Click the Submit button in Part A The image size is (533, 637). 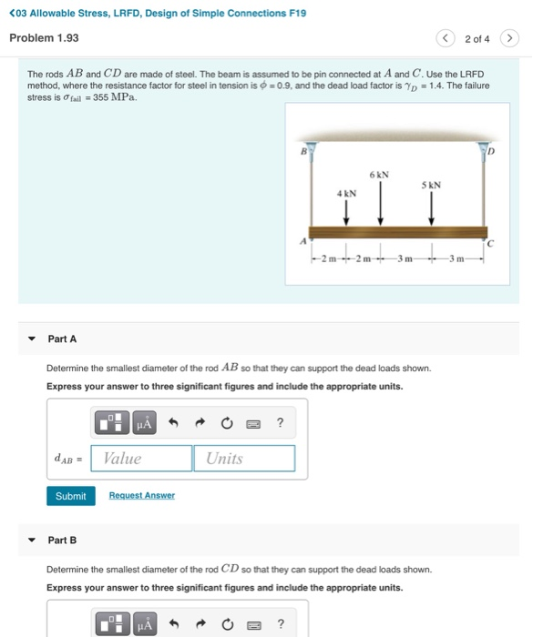[71, 496]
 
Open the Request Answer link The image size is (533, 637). [142, 495]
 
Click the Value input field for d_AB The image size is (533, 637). [141, 459]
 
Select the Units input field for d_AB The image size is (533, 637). [244, 459]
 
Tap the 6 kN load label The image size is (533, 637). [379, 175]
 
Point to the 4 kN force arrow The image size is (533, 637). [346, 213]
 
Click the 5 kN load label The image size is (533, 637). [431, 185]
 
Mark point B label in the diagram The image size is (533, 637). [303, 152]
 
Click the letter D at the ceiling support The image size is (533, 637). [491, 152]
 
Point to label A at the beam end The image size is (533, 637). [303, 241]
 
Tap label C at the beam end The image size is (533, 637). [490, 243]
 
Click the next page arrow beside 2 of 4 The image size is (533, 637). [509, 38]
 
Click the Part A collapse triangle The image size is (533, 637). [32, 339]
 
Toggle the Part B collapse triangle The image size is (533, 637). [32, 540]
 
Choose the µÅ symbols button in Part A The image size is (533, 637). [145, 423]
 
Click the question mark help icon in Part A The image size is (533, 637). [280, 422]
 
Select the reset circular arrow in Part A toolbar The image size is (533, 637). [227, 423]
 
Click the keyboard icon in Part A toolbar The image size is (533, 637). [253, 424]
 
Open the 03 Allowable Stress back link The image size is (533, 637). [158, 13]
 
